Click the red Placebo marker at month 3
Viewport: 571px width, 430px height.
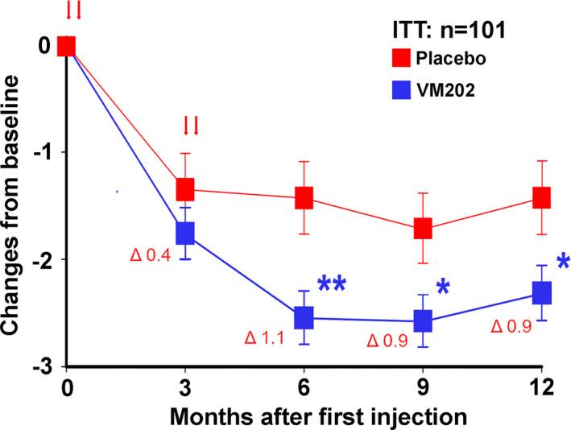185,189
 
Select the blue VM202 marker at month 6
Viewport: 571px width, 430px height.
304,317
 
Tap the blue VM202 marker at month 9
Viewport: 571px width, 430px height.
422,321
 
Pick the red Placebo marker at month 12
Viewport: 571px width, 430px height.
540,197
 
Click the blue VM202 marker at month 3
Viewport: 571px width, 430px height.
185,233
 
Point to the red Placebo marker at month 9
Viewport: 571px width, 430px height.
422,229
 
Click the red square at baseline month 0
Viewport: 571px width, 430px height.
67,46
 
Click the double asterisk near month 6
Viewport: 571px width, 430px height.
331,285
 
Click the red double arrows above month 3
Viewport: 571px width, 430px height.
191,125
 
